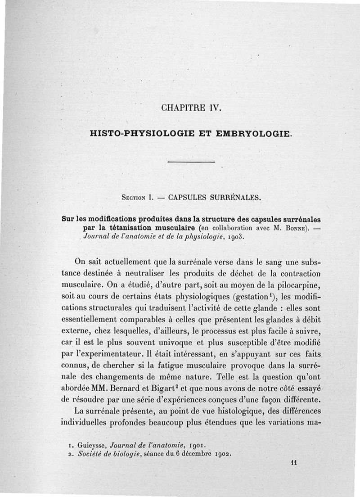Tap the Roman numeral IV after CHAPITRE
(213, 108)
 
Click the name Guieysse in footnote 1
(86, 446)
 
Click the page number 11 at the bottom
(295, 462)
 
